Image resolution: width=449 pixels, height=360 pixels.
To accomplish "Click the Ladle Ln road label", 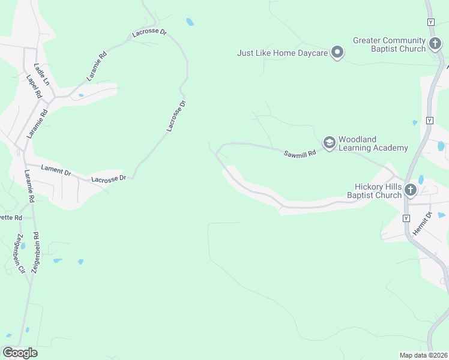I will [x=41, y=74].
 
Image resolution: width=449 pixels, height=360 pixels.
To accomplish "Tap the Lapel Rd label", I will [x=33, y=86].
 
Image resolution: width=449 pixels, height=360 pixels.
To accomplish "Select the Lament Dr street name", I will [x=56, y=170].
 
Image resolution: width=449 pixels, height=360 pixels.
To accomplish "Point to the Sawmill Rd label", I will [x=300, y=154].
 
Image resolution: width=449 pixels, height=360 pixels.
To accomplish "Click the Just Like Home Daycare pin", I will [x=337, y=53].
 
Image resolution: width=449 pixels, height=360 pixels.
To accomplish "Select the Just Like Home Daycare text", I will [x=282, y=53].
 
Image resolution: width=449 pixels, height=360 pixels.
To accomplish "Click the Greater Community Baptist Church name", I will [x=389, y=45].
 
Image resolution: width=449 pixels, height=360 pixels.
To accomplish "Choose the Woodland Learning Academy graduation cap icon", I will [x=329, y=142].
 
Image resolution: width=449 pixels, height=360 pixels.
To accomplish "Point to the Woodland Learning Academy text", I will [x=373, y=144].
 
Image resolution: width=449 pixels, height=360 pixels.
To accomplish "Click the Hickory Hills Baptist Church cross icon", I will [x=411, y=190].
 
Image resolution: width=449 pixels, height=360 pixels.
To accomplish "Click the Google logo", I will [x=20, y=353].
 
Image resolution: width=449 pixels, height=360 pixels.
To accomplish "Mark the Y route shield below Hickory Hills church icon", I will [x=406, y=217].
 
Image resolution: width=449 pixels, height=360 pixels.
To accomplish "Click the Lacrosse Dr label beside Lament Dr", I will [x=109, y=179].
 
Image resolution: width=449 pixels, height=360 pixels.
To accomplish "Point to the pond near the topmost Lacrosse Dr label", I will [x=190, y=22].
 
